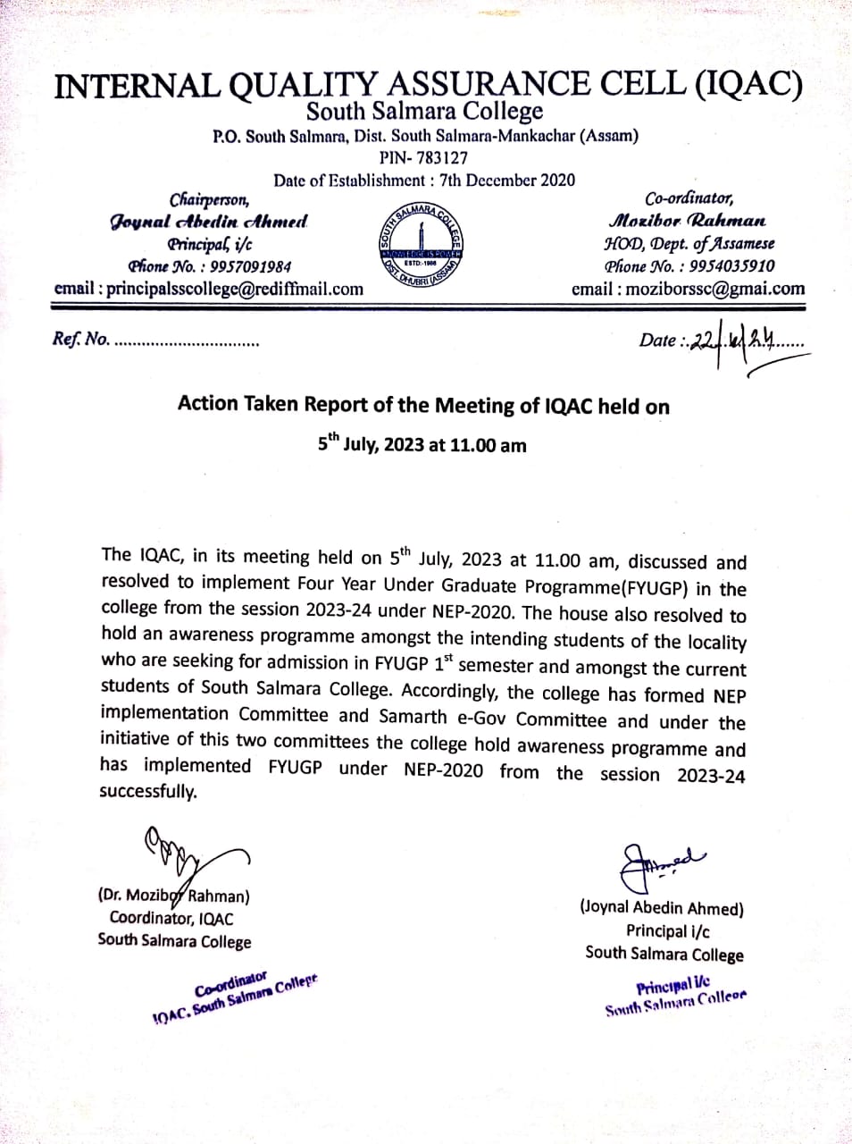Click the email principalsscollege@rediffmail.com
pos(209,289)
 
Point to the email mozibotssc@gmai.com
pos(688,289)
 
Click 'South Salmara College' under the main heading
pos(424,112)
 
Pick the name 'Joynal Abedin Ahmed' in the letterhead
pos(209,221)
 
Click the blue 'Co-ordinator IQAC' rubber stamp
pos(235,997)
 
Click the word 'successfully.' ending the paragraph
pos(147,791)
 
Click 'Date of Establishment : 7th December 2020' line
pos(424,180)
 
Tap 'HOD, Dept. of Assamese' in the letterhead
pos(689,243)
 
